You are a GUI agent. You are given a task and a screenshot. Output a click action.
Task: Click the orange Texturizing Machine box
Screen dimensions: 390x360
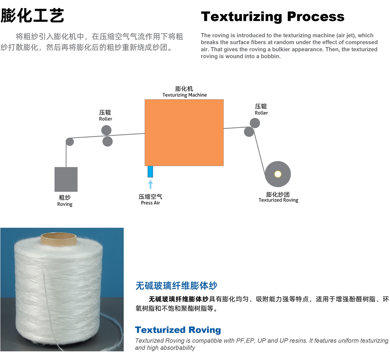point(184,133)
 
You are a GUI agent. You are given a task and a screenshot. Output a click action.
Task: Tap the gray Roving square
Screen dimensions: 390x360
point(66,179)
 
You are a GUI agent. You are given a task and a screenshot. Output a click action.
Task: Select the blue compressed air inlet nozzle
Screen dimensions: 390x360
point(150,172)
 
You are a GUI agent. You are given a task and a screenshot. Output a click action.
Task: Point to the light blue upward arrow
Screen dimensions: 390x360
point(150,185)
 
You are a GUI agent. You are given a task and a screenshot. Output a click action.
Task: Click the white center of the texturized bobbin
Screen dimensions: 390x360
point(278,174)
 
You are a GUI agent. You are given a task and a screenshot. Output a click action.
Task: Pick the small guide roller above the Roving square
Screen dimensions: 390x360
point(70,142)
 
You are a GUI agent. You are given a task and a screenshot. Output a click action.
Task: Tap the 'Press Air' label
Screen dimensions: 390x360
point(150,203)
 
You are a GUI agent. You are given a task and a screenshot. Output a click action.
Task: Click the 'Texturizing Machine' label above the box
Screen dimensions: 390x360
point(185,95)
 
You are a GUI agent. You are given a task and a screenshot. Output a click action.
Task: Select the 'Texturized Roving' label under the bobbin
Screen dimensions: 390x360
point(279,200)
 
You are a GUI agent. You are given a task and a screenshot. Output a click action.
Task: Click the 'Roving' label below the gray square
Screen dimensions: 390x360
point(65,204)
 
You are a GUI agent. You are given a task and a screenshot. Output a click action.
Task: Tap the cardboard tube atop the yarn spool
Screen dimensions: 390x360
point(59,238)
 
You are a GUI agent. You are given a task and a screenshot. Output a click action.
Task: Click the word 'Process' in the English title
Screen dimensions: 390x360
point(316,17)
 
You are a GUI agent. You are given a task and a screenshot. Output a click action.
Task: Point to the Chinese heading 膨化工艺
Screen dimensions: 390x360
point(32,16)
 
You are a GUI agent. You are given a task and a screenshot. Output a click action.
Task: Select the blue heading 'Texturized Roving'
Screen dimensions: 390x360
point(178,330)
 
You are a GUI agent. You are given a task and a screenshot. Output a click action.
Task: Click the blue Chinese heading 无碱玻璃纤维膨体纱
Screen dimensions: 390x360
point(176,286)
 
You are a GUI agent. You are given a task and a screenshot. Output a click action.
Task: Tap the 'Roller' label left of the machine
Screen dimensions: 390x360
point(105,119)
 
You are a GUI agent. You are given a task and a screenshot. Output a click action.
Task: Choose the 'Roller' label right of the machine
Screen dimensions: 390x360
point(261,113)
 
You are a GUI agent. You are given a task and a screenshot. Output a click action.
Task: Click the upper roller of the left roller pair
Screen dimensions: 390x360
point(106,130)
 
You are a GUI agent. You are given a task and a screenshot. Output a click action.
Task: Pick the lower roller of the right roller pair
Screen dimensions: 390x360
point(249,132)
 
